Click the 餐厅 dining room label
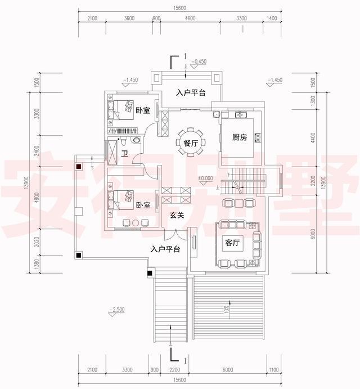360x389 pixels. coord(191,144)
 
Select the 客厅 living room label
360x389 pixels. coord(232,244)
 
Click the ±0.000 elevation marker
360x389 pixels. coord(205,178)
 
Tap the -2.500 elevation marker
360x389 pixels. coord(118,310)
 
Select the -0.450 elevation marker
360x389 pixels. coord(200,61)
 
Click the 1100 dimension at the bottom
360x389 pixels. coord(273,370)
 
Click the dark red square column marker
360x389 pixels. coord(80,167)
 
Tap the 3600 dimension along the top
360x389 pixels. coord(129,19)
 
